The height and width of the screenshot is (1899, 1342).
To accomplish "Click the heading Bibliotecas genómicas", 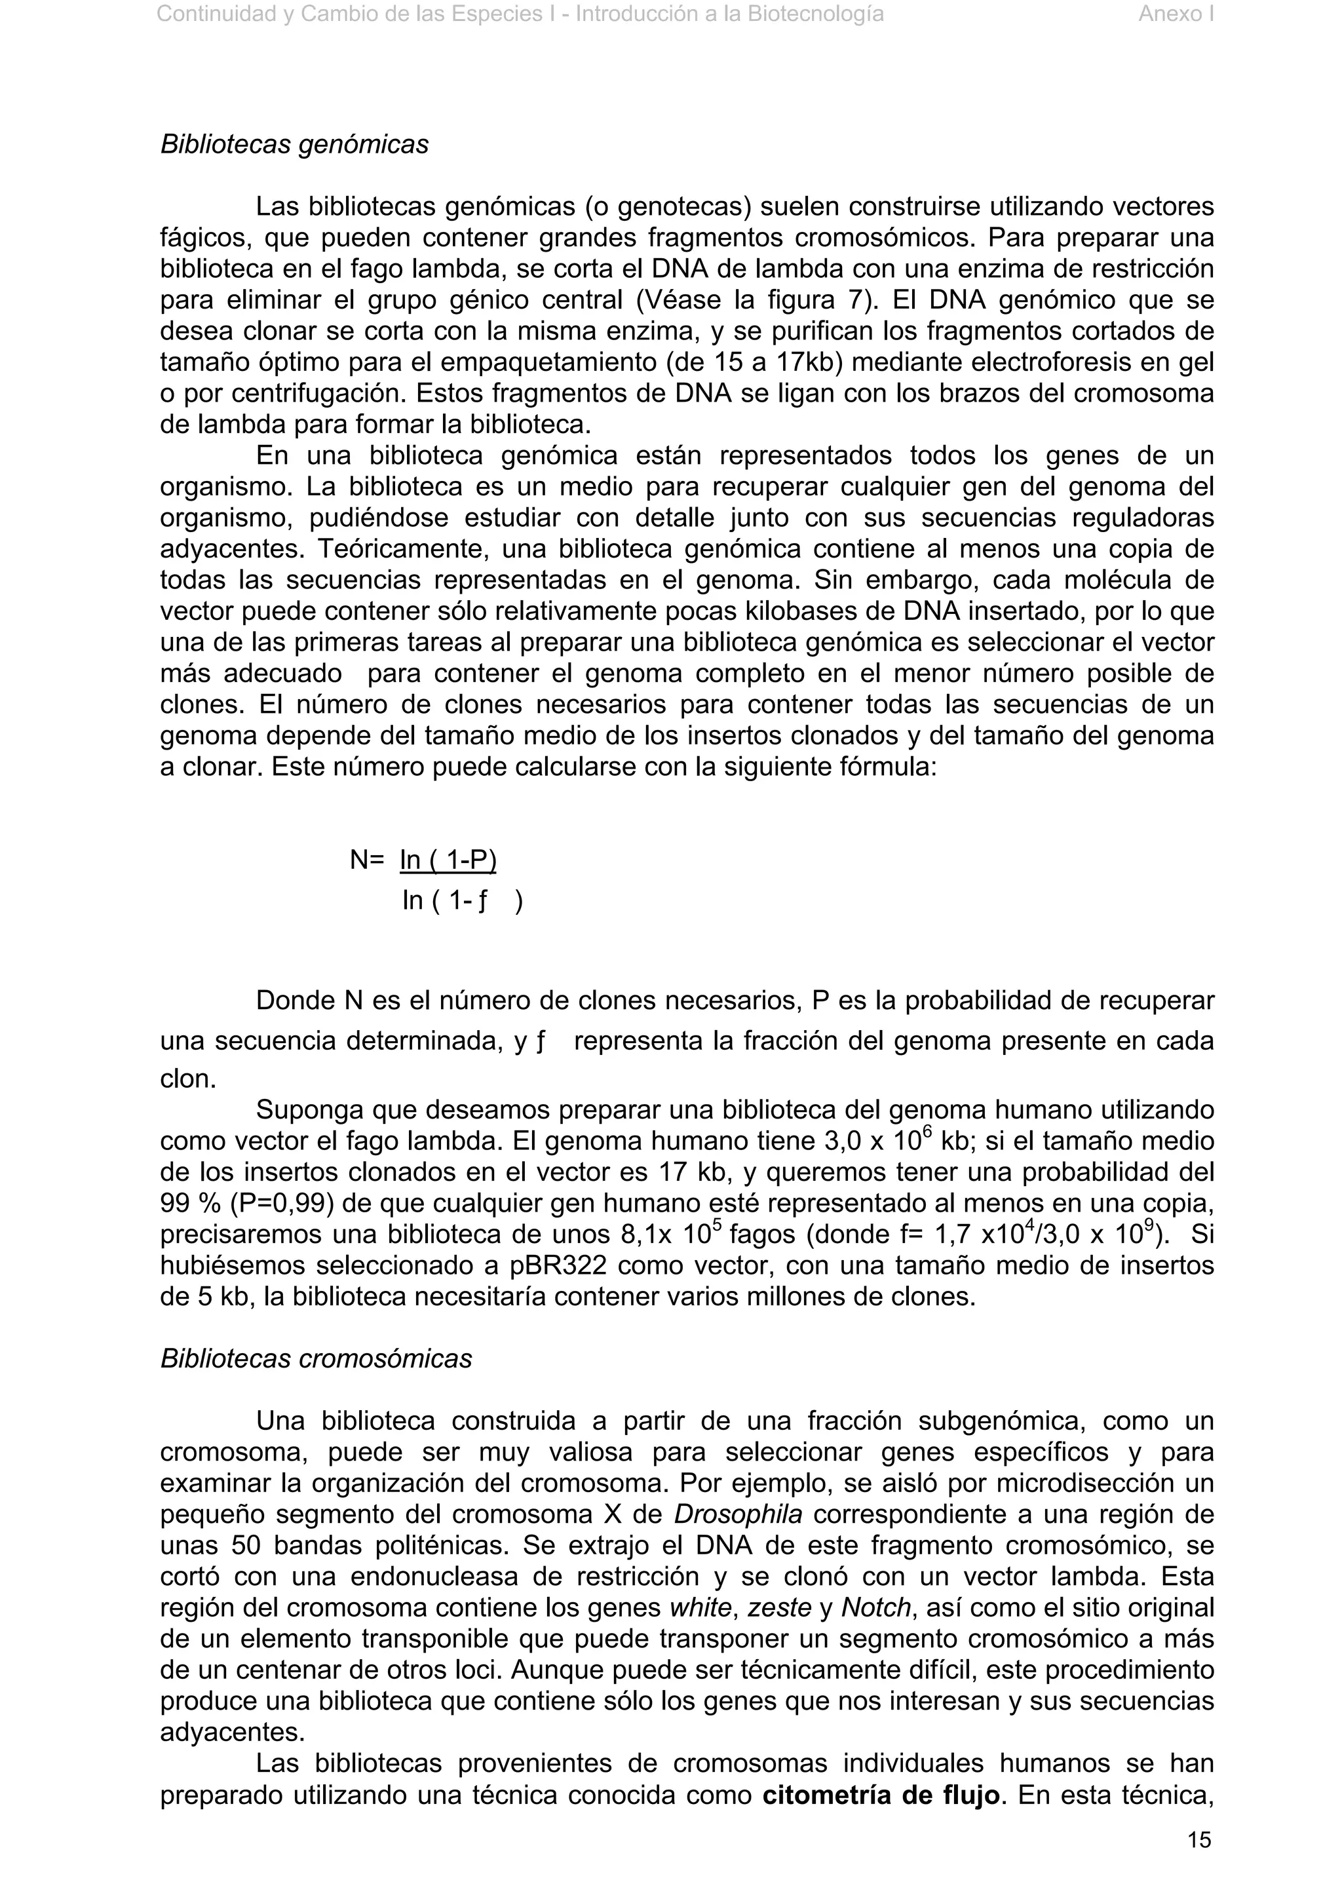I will tap(294, 145).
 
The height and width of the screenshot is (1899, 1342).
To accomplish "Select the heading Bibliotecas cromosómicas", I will tap(316, 1359).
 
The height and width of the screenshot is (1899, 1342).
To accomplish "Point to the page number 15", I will tap(1199, 1839).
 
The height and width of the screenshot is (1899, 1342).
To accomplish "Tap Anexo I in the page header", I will tap(1176, 14).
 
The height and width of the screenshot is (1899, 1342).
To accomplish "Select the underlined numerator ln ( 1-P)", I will tap(448, 861).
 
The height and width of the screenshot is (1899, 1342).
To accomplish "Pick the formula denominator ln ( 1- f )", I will tap(462, 901).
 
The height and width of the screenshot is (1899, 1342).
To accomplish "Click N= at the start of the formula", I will tap(367, 861).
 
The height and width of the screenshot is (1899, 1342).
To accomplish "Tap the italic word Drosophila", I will tap(738, 1514).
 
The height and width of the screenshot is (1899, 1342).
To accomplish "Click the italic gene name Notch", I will tap(875, 1608).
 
